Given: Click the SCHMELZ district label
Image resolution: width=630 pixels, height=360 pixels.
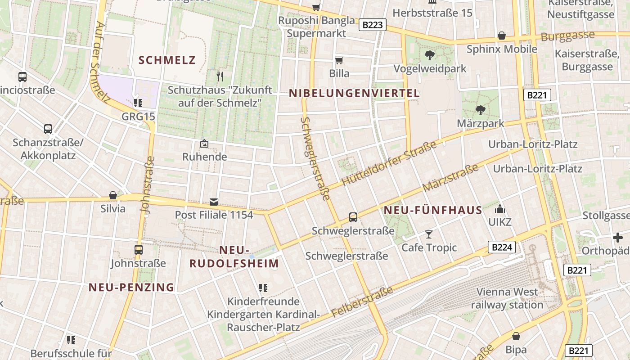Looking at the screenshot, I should pos(167,60).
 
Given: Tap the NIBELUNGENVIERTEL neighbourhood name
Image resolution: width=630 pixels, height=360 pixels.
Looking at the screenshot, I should pos(354,94).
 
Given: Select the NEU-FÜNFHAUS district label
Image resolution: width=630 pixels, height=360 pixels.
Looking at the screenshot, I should pos(433,210).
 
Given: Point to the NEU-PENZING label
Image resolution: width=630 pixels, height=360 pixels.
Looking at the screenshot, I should pos(131,287).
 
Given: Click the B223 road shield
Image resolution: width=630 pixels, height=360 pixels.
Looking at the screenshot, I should pos(373,25).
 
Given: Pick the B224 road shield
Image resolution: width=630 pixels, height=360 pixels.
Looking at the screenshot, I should pos(501,247).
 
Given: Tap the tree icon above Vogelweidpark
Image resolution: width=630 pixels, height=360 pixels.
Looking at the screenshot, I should pos(430,55).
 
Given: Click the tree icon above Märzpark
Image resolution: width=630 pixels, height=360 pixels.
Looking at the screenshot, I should pos(481,110).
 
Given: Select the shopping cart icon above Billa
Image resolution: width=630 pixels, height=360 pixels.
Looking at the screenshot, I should pos(339,60).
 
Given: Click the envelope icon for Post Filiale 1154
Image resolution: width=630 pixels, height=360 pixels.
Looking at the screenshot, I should pos(214,202).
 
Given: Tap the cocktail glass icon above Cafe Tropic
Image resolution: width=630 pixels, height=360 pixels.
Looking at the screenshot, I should pos(429,234).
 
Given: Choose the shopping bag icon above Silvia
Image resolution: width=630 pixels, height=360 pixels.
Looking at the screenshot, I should pos(113,195).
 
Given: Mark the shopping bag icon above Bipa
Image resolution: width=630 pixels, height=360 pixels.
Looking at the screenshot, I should pos(516,336).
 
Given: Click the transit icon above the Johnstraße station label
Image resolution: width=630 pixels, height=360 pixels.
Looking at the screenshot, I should pos(139,249).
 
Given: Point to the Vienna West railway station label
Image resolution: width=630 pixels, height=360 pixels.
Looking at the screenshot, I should pos(507,298).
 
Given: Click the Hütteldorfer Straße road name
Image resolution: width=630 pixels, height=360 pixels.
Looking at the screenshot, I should pos(389,164).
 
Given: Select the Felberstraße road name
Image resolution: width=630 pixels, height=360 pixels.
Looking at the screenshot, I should pos(362,301).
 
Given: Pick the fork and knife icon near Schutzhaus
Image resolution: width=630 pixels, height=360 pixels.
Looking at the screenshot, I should pos(220,76).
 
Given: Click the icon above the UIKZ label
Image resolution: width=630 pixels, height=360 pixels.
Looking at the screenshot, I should pos(499,209).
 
